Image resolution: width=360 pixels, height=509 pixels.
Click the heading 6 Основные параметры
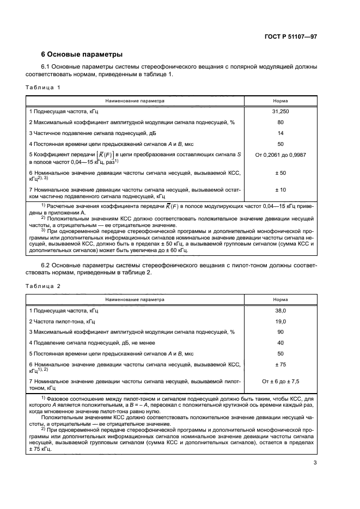(x=82, y=54)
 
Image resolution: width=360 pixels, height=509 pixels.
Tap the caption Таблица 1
(x=41, y=87)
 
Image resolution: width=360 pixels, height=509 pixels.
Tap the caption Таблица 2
(x=41, y=286)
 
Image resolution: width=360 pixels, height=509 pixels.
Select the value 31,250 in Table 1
(x=280, y=111)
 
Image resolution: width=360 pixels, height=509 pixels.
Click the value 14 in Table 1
(x=280, y=133)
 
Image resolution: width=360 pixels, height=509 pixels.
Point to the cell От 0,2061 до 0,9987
(x=280, y=155)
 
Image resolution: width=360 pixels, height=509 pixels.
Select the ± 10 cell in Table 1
(x=280, y=189)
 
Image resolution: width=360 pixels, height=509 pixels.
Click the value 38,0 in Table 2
(x=280, y=310)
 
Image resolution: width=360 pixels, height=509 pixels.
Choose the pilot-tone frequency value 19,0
(x=280, y=321)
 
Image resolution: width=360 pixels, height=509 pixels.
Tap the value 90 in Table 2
(x=280, y=332)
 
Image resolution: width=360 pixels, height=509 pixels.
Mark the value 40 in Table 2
(x=280, y=343)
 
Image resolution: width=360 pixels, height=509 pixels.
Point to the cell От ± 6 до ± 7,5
(x=280, y=382)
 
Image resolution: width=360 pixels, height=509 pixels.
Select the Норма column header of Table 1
(x=280, y=101)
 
